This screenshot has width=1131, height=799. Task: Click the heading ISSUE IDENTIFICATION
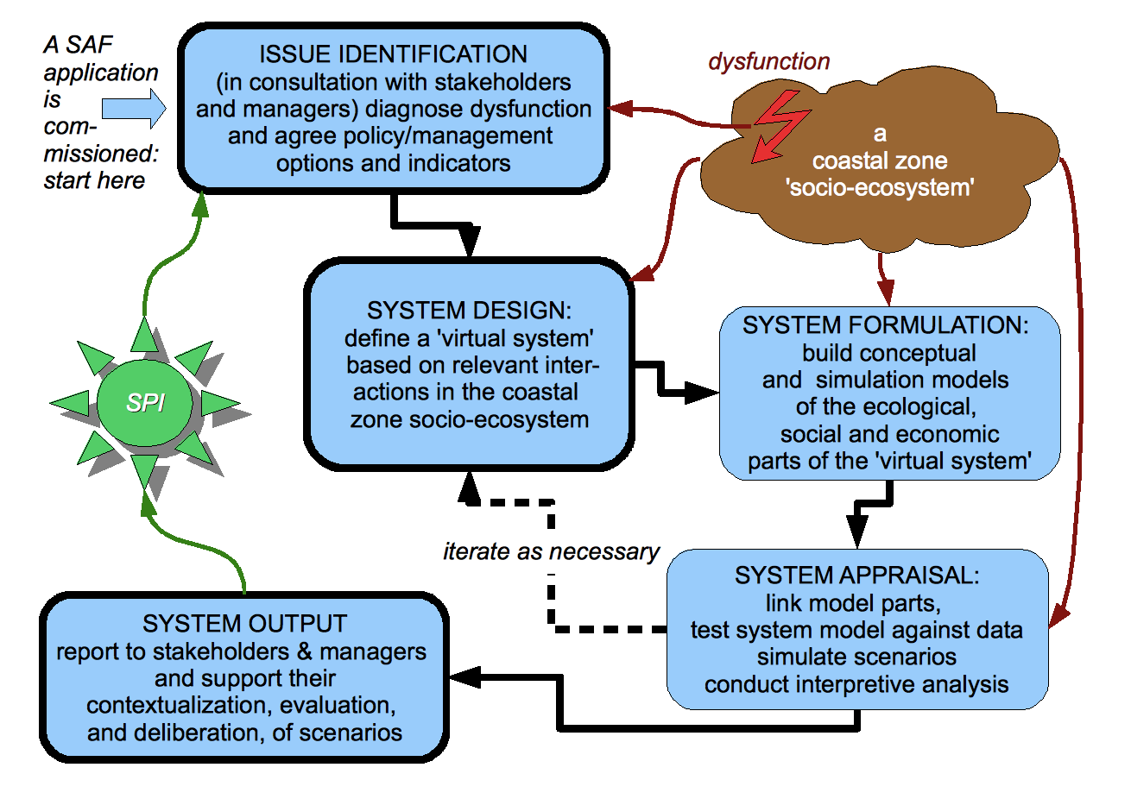pos(393,54)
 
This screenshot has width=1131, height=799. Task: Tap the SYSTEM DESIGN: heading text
pos(469,310)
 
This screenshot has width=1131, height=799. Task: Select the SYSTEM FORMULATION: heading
pos(885,324)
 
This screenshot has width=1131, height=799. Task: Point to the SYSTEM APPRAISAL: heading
pos(856,575)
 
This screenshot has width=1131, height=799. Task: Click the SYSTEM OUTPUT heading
pos(244,623)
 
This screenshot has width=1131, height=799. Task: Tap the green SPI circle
pos(145,403)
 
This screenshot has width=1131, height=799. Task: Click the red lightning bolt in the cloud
pos(780,126)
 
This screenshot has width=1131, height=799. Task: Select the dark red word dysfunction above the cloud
pos(769,61)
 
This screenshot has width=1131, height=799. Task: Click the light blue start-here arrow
pos(134,108)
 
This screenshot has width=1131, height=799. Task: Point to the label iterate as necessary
pos(551,551)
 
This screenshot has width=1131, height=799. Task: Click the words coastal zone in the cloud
pos(880,160)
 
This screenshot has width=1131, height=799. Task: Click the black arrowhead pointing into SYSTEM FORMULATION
pos(702,393)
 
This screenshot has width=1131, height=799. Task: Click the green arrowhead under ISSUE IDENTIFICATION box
pos(201,204)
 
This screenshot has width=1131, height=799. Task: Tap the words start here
pos(94,180)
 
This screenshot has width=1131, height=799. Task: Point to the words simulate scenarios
pos(856,657)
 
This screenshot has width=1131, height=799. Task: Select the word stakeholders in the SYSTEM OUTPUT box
pos(221,651)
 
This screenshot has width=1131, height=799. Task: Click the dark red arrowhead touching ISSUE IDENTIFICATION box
pos(620,108)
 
